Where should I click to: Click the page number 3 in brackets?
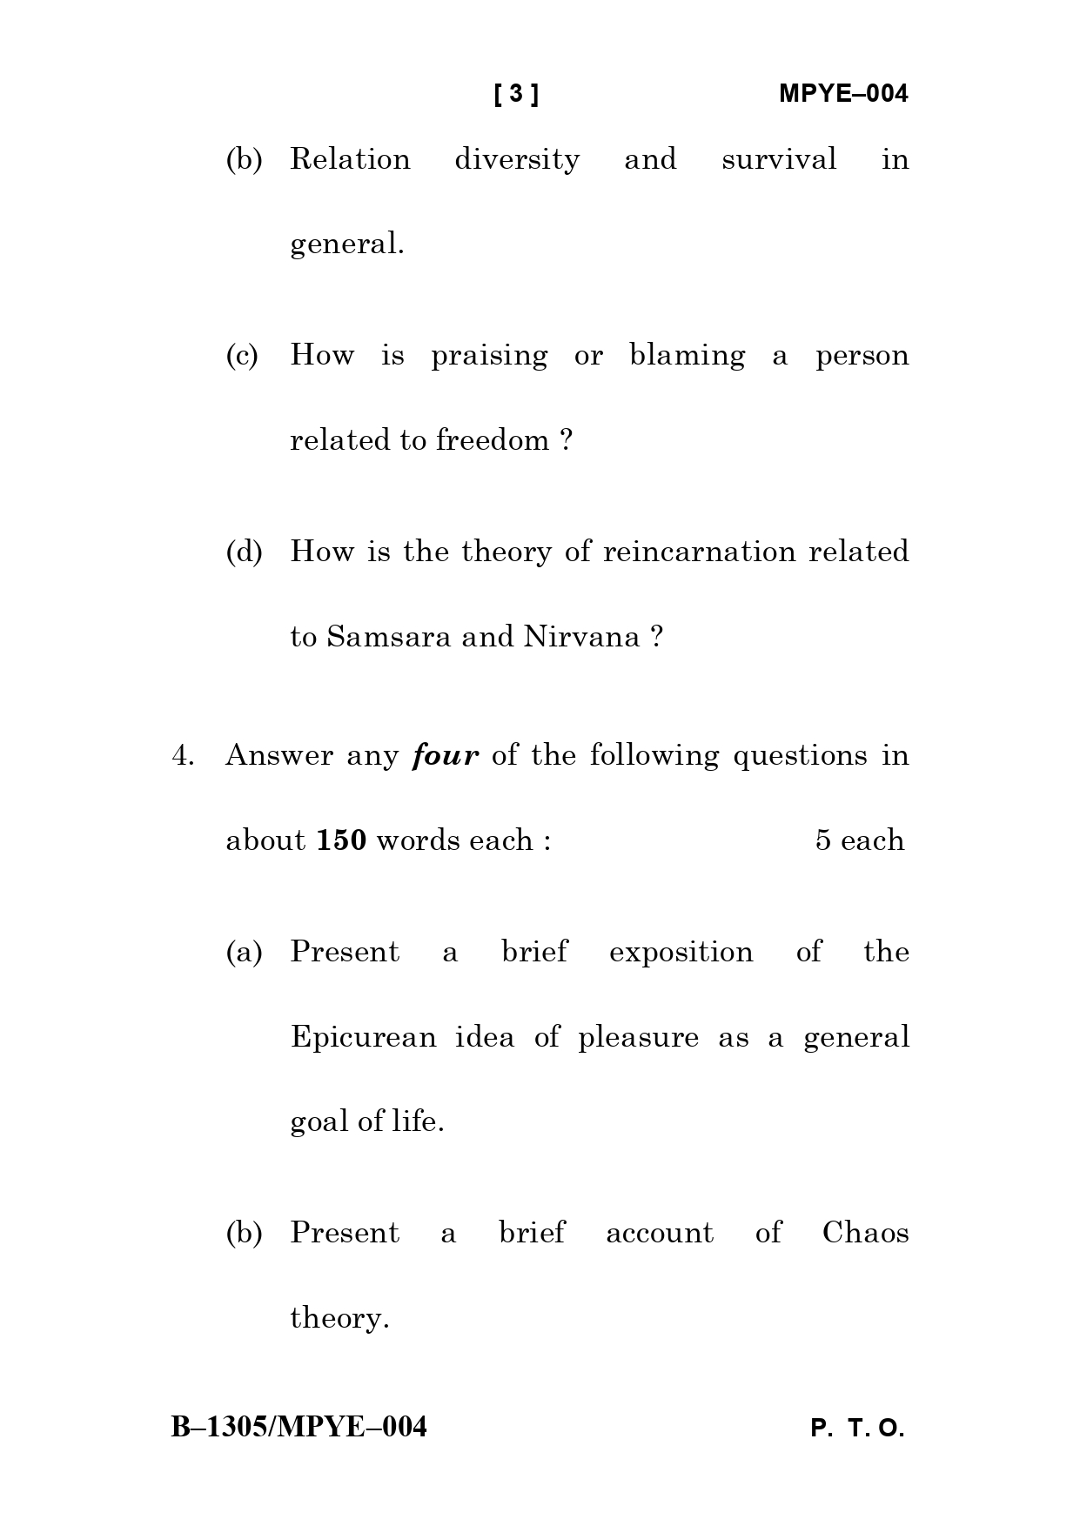[x=516, y=93]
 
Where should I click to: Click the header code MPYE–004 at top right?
[x=842, y=93]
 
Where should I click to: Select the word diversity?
[x=517, y=159]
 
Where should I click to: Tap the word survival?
[x=779, y=159]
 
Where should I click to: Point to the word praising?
[x=489, y=356]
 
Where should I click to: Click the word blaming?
[x=687, y=356]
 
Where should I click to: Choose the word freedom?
[x=493, y=440]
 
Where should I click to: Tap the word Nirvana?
[x=581, y=637]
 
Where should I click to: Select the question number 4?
[x=182, y=755]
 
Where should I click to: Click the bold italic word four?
[x=446, y=755]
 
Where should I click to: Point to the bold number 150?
[x=341, y=840]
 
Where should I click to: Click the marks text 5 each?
[x=859, y=840]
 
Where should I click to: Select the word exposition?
[x=681, y=952]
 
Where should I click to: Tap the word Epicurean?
[x=363, y=1037]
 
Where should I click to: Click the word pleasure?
[x=638, y=1037]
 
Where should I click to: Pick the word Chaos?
[x=865, y=1233]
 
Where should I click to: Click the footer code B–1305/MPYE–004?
[x=299, y=1428]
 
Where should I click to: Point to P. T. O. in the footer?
[x=857, y=1429]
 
